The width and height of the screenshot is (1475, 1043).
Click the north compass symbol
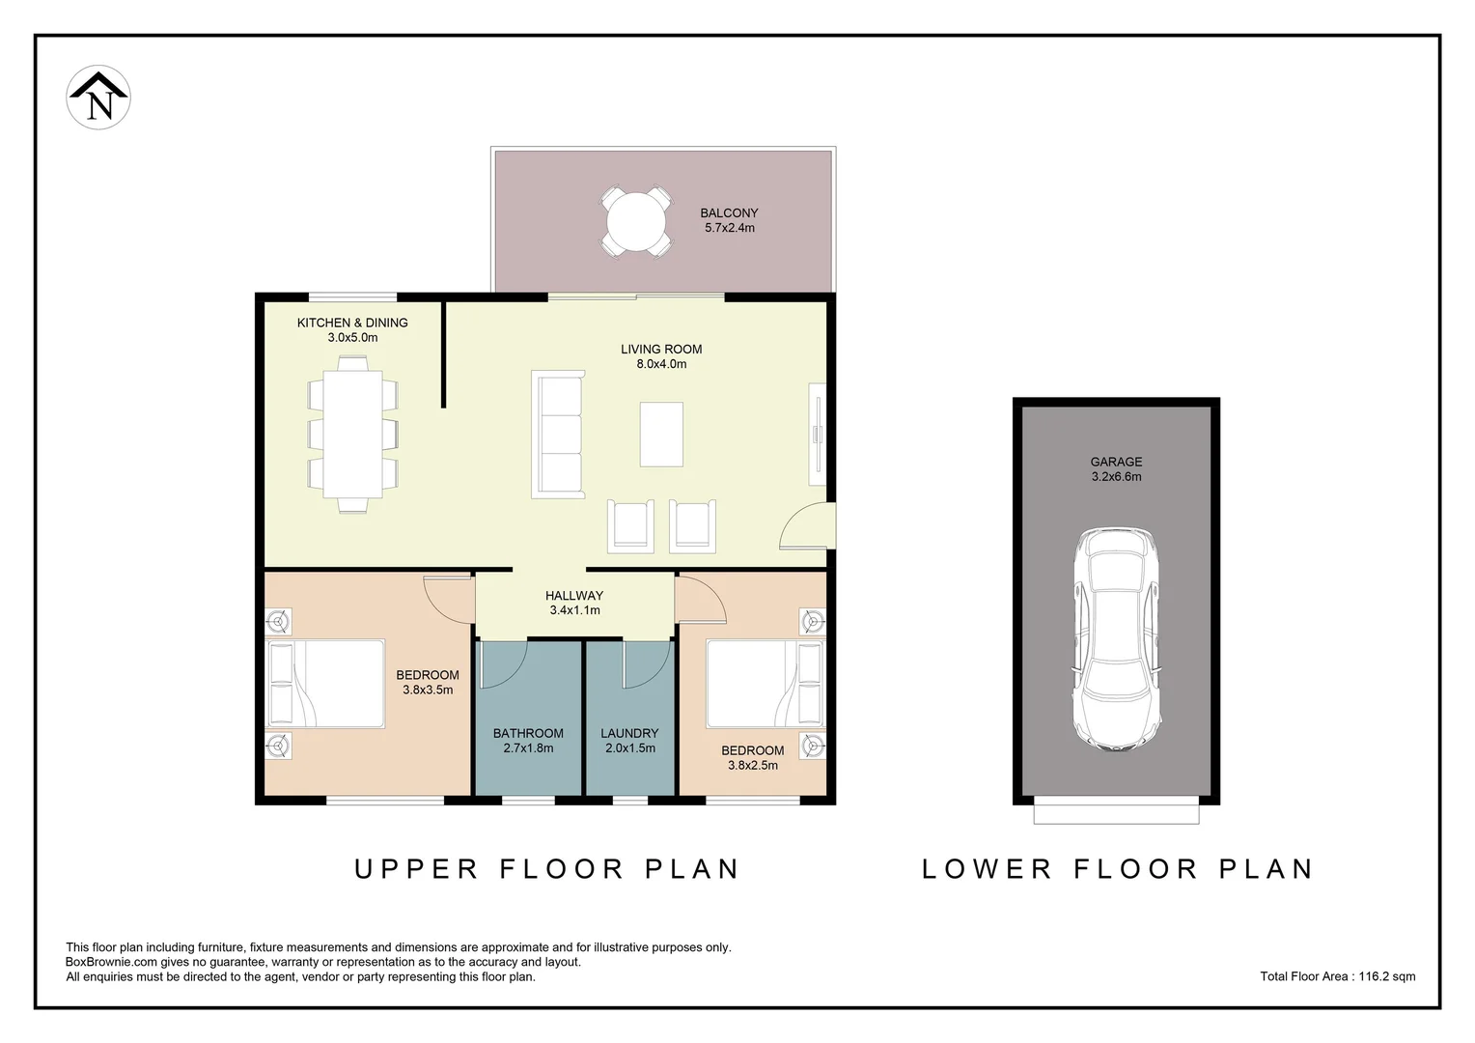[98, 98]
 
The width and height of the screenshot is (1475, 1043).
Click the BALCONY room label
[729, 212]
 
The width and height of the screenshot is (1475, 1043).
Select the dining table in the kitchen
[352, 434]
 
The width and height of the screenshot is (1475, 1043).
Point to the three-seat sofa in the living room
[559, 435]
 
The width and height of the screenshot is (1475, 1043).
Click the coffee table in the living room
[661, 435]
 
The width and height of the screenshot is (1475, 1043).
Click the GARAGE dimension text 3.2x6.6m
[1116, 477]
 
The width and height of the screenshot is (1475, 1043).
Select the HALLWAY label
[574, 596]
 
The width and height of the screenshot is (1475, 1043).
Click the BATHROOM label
[528, 733]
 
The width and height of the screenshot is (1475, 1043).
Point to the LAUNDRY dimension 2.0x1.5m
[629, 748]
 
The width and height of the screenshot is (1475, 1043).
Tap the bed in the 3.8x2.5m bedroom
[765, 684]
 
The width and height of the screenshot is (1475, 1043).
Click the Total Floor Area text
[1337, 976]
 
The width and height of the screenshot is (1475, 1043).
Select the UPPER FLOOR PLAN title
[546, 869]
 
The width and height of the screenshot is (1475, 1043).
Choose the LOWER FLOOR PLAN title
[1118, 869]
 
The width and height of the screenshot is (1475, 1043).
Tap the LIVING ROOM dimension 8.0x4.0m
[661, 364]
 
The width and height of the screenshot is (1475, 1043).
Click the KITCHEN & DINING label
[352, 323]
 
